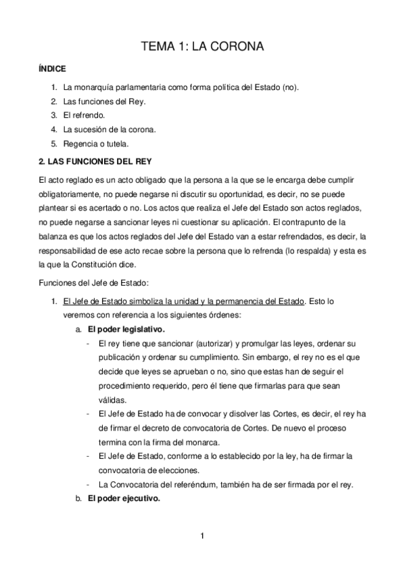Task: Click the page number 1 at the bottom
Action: point(202,537)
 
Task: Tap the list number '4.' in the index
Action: point(53,129)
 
